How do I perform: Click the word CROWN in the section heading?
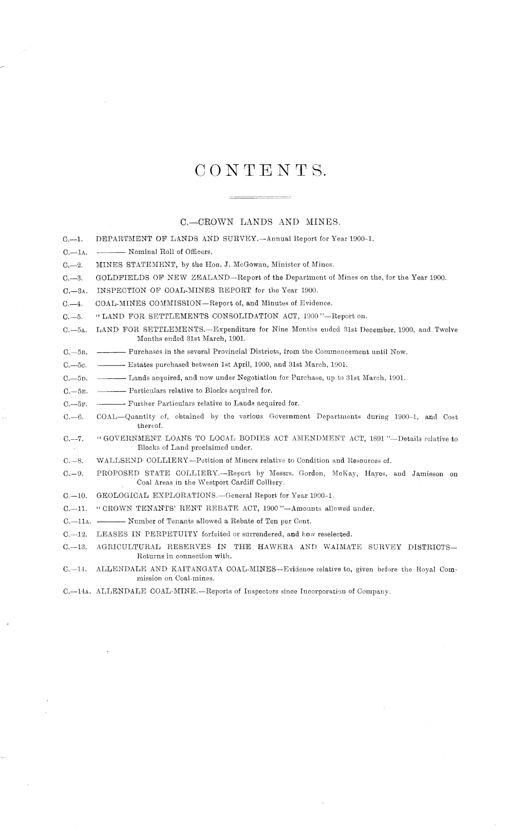(x=215, y=222)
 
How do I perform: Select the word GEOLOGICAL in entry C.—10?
(x=123, y=495)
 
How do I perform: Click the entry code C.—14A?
(x=77, y=591)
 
